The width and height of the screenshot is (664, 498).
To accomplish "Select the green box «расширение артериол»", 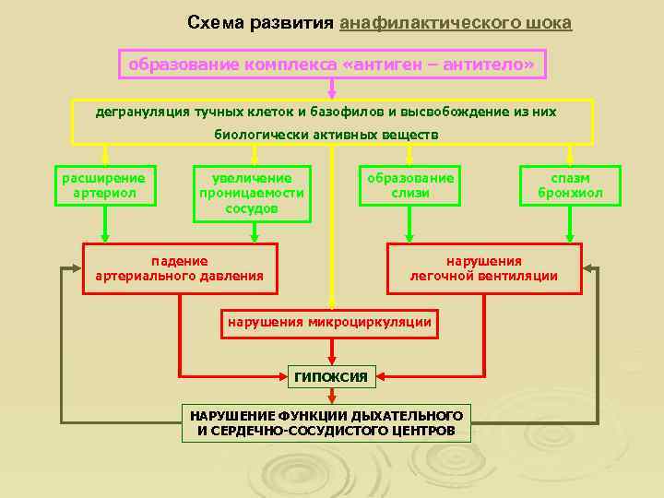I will click(104, 185).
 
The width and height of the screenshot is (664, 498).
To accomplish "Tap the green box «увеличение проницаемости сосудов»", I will click(252, 194).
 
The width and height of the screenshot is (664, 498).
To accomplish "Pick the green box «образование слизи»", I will click(410, 185).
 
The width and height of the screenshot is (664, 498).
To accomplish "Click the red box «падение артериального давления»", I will click(180, 268).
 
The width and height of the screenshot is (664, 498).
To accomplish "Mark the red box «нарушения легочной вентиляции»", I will click(484, 268).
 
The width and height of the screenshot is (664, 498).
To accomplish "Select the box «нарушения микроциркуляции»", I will click(329, 323).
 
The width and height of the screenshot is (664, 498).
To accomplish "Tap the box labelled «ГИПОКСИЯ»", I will click(330, 376).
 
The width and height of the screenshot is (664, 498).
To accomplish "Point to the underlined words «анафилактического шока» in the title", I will click(456, 22).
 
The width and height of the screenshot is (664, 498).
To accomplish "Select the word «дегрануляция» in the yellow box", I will click(141, 112).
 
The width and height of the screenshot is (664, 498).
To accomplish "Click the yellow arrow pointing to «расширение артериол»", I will click(105, 155).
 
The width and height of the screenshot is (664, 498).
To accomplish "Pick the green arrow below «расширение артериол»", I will click(105, 224).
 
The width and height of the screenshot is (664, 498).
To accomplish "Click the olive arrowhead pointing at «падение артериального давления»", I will click(72, 268).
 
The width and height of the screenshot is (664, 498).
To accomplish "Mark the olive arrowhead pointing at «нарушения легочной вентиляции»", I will click(590, 268).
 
